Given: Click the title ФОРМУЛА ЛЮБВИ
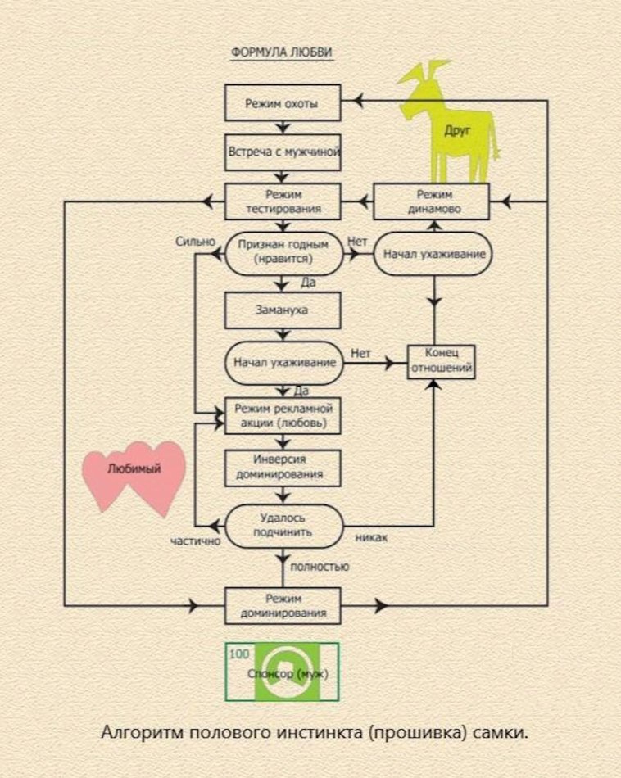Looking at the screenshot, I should (x=282, y=52).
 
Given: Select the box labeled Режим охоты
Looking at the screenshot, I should (x=282, y=104).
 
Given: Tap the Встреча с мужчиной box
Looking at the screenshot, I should (x=282, y=152).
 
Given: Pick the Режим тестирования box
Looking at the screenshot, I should (x=282, y=201).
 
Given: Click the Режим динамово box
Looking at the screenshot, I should (x=431, y=201).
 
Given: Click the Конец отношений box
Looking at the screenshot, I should (x=442, y=360).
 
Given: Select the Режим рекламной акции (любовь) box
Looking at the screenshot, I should (x=282, y=416).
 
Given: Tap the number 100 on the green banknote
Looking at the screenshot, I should (x=238, y=654).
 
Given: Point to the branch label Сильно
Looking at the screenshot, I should (x=195, y=242).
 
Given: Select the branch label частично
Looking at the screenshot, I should (x=197, y=541).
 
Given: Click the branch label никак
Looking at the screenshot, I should (x=371, y=538).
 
